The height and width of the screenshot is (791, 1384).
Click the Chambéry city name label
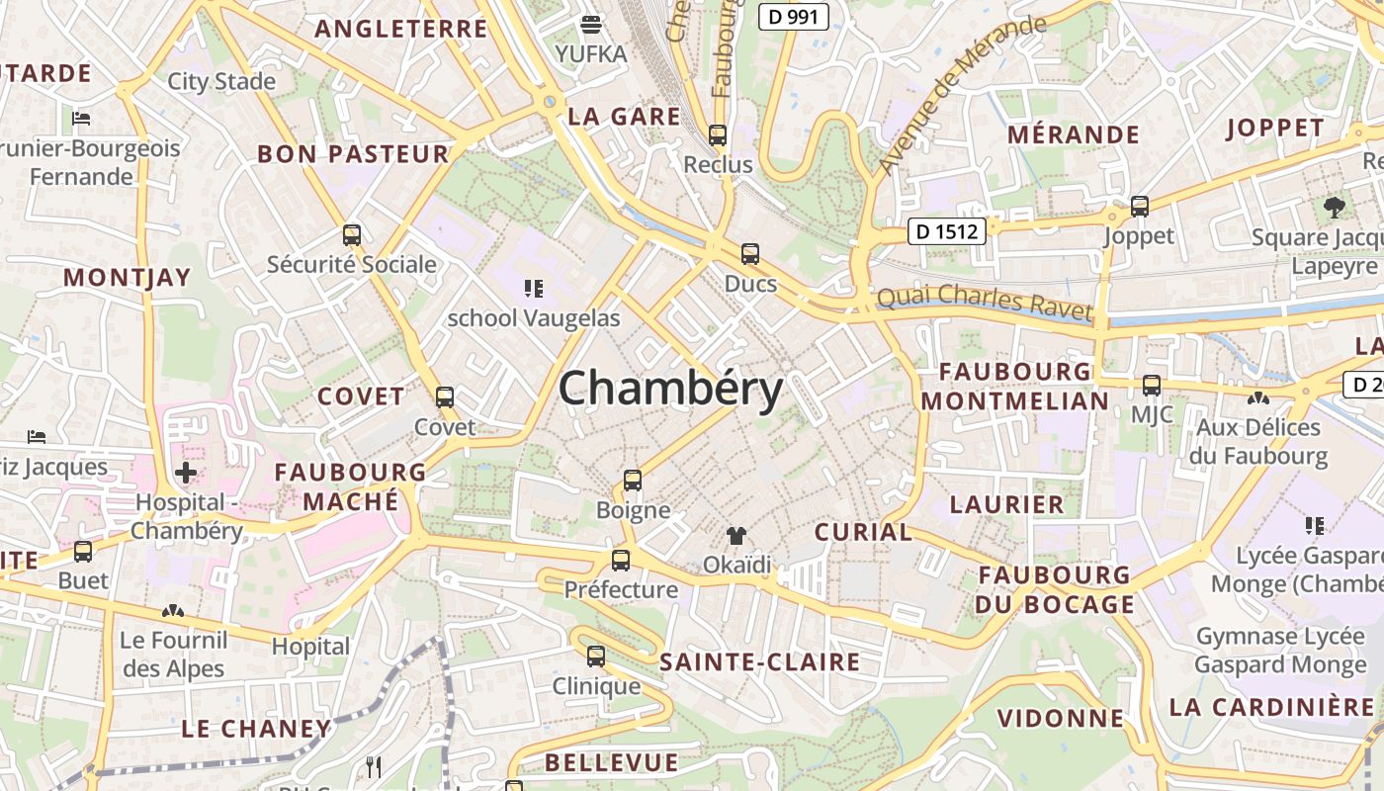[x=671, y=390]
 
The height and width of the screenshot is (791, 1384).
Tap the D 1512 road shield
[x=946, y=231]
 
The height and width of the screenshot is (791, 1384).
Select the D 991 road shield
[x=794, y=16]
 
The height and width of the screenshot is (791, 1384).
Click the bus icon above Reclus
[x=718, y=135]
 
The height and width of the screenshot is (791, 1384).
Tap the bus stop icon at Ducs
[x=750, y=254]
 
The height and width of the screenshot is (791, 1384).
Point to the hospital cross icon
[x=186, y=473]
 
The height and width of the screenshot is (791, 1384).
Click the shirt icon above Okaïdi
[x=736, y=536]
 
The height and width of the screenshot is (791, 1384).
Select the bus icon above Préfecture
[x=621, y=561]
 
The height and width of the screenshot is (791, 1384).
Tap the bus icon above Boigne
[x=633, y=482]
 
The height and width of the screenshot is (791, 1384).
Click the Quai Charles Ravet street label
[x=986, y=301]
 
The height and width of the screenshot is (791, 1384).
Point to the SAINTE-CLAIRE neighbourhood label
[x=759, y=662]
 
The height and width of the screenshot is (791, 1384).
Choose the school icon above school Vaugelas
[x=534, y=289]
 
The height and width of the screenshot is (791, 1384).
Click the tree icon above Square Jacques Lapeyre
[x=1335, y=208]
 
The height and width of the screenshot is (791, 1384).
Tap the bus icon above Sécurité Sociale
[x=352, y=235]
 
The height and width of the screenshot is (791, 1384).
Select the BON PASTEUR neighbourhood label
[x=353, y=154]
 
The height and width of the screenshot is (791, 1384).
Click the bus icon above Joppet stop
[x=1140, y=207]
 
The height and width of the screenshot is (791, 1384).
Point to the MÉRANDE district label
[x=1074, y=134]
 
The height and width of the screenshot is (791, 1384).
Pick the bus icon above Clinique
[x=596, y=657]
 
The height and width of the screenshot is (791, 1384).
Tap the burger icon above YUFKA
[x=591, y=24]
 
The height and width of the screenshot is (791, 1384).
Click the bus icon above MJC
[x=1152, y=386]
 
